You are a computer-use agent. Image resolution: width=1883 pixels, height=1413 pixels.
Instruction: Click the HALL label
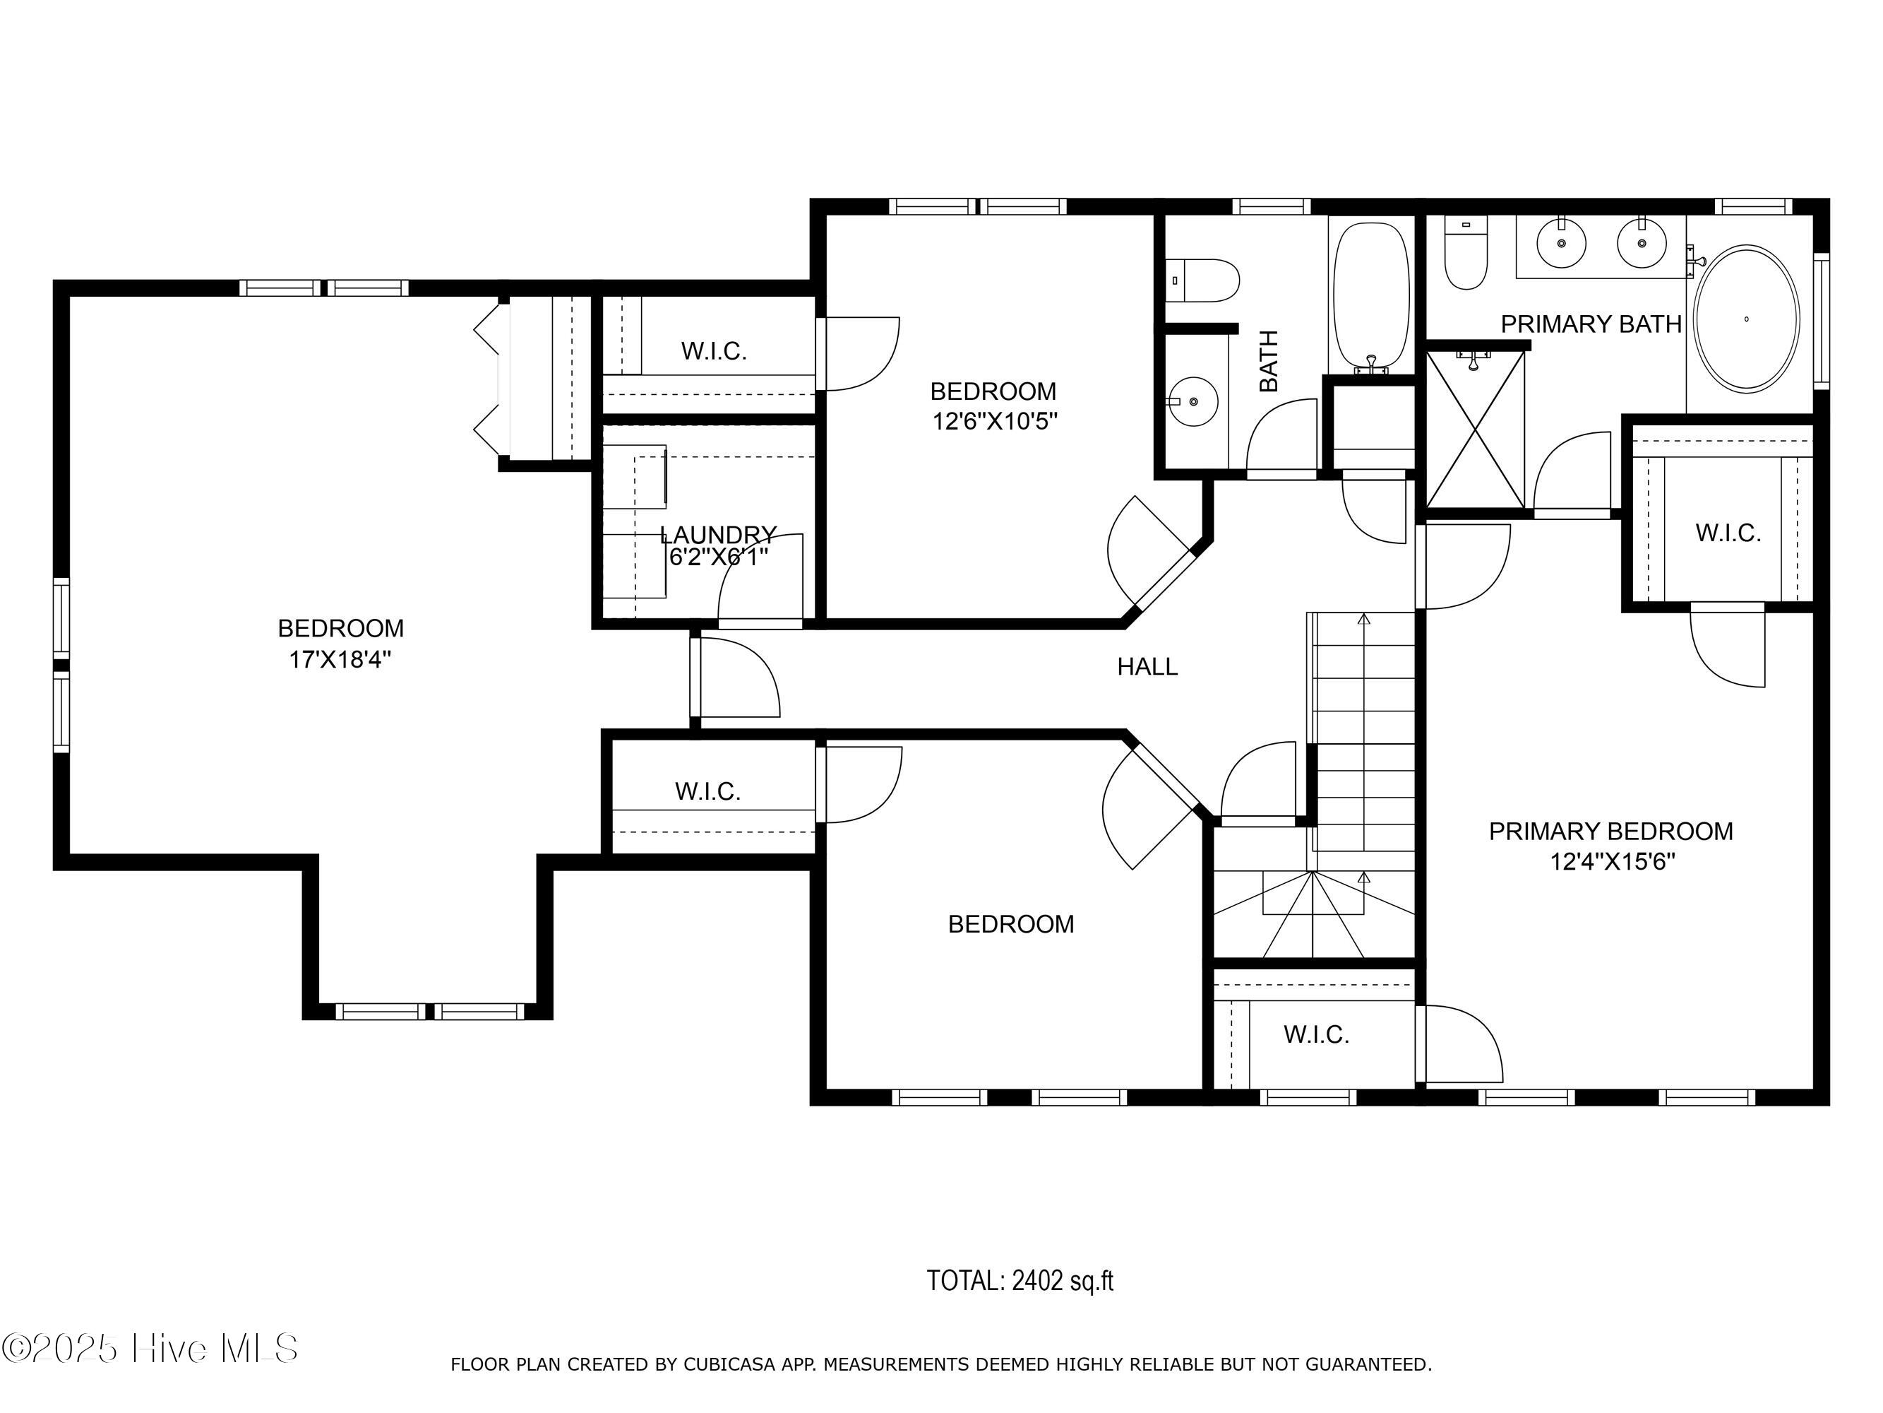1147,667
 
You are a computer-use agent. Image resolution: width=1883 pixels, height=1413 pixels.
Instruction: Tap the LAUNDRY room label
719,535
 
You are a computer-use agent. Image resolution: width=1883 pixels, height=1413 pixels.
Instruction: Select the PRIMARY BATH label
1591,324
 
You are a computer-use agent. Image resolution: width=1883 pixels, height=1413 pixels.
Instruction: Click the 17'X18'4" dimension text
340,659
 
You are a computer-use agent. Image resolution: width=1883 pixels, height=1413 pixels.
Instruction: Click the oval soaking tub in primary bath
1746,319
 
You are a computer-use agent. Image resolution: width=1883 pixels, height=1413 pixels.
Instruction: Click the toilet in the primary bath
1466,253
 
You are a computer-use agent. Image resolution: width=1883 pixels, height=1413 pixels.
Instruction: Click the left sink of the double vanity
1562,243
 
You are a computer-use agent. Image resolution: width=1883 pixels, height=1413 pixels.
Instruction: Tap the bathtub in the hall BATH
1371,298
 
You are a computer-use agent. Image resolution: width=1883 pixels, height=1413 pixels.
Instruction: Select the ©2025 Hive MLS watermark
150,1348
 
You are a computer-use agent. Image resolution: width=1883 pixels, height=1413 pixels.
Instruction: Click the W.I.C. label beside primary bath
1728,533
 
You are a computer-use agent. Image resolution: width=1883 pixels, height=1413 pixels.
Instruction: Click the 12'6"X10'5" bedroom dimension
994,422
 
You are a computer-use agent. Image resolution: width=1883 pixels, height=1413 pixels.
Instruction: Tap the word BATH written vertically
1268,361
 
